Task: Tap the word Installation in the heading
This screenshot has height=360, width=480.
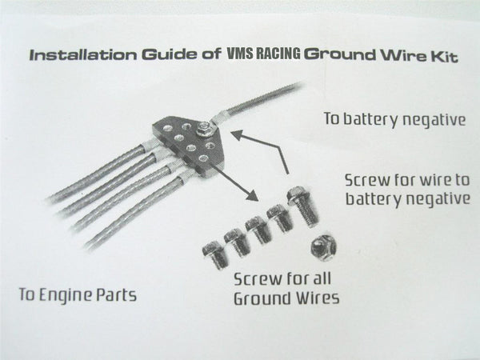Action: [x=74, y=57]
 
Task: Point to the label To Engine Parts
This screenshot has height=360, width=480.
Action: [x=78, y=294]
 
